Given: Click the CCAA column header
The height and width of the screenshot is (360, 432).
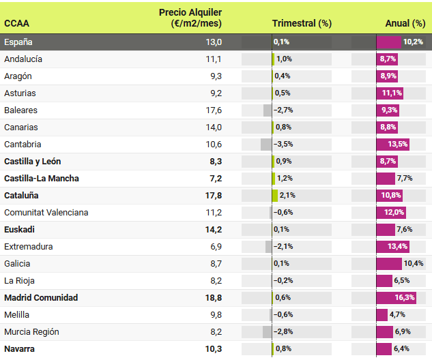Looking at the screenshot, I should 17,23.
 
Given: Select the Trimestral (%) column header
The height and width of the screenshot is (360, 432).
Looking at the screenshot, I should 302,23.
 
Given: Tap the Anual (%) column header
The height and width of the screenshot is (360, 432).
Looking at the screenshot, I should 405,23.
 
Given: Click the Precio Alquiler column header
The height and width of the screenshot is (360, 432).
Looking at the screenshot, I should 190,18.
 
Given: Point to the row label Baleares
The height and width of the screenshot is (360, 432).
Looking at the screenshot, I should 21,110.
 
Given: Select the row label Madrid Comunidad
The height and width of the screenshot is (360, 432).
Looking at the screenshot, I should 41,297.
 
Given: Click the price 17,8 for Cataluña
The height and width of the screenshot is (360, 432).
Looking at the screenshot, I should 213,195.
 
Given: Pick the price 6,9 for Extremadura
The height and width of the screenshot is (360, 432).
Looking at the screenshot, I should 216,246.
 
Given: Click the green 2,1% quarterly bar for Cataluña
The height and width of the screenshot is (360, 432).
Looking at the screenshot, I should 275,195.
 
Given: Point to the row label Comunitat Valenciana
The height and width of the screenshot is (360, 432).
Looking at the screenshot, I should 46,212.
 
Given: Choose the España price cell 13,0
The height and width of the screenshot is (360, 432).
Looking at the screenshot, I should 214,42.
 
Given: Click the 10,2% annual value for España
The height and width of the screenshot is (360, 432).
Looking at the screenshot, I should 413,42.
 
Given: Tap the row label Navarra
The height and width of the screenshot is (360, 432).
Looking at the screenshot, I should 20,348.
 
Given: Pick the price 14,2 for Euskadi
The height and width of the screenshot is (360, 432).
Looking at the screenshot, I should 213,229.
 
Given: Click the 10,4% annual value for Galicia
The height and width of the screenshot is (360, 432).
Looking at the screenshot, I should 414,263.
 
